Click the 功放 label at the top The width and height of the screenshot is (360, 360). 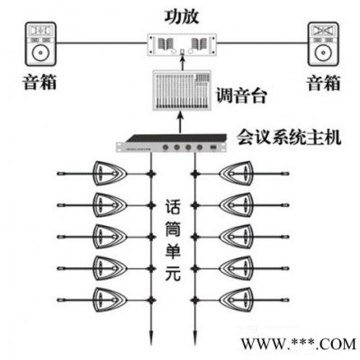click(x=182, y=16)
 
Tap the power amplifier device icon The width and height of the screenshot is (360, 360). click(x=182, y=45)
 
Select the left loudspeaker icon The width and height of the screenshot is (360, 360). click(x=40, y=44)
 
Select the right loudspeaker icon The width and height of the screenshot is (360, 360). click(x=324, y=44)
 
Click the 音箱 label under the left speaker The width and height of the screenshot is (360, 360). click(x=40, y=82)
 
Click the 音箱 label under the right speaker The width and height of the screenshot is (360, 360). click(x=323, y=83)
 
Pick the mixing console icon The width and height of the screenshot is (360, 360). click(x=182, y=90)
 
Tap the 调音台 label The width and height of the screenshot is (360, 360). click(x=241, y=95)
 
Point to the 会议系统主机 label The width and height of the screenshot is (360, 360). click(x=289, y=138)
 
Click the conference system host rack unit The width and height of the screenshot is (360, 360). click(x=171, y=143)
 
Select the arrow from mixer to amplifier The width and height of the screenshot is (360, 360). click(x=182, y=63)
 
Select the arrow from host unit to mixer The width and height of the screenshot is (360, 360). click(x=180, y=122)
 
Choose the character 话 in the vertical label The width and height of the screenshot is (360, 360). click(x=173, y=207)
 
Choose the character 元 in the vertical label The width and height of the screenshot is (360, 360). click(x=173, y=274)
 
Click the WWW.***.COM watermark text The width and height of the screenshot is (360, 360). click(x=298, y=344)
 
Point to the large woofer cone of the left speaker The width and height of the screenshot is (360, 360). click(x=40, y=53)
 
